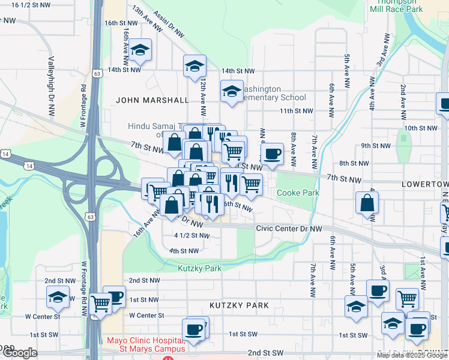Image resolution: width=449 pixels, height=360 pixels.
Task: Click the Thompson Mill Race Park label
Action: pos(397,6)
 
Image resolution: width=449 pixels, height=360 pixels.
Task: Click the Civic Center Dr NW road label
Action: pos(289,229)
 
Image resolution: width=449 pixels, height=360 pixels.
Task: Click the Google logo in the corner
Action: pos(19,353)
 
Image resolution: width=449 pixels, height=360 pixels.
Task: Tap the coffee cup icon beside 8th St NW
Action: pos(272,154)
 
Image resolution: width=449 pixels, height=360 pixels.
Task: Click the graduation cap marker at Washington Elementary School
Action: pos(231,92)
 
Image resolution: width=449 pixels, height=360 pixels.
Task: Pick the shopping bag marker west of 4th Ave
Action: pos(366,203)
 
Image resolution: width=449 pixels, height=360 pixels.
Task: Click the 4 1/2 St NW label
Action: pos(191,236)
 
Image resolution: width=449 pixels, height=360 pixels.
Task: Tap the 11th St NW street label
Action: pos(297,111)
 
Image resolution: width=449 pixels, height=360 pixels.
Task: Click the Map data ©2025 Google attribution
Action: pos(412,355)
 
